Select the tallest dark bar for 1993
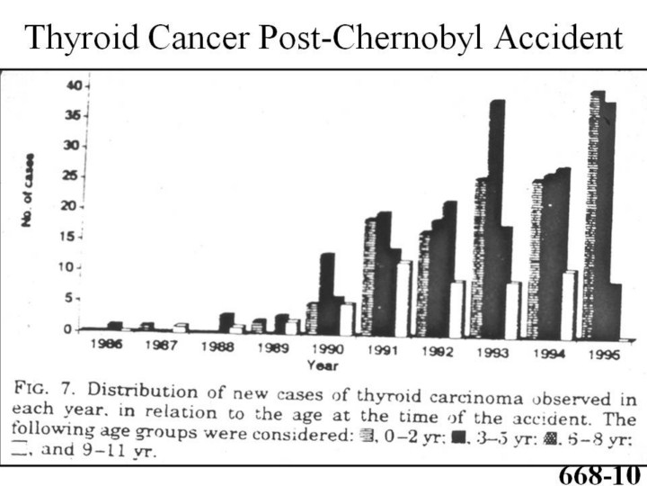click(496, 216)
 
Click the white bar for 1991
click(404, 297)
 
